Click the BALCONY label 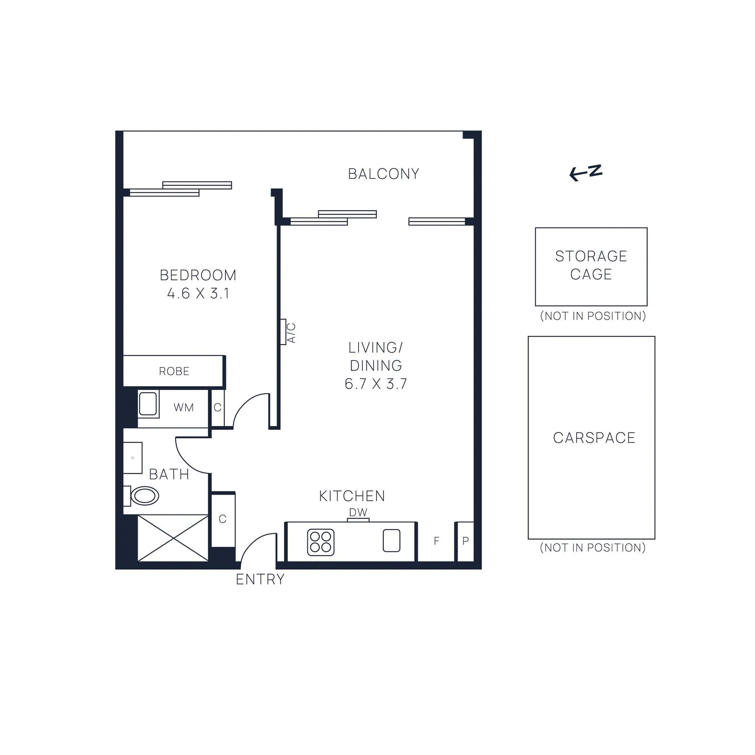(x=383, y=174)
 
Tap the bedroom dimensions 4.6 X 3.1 (x=198, y=294)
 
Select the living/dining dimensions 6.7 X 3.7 (x=376, y=384)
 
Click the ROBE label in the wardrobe (x=174, y=371)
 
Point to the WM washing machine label (x=184, y=408)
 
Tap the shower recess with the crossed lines (x=173, y=538)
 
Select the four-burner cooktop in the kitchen (x=321, y=542)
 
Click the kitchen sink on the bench (x=391, y=541)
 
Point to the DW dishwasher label (x=358, y=512)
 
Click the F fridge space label (x=436, y=541)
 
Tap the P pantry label (x=465, y=541)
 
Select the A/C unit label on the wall (x=291, y=333)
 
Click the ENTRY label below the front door (x=260, y=579)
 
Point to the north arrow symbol (x=586, y=173)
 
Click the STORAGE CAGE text (x=591, y=265)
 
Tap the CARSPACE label (x=594, y=438)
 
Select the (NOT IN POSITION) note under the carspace (x=593, y=548)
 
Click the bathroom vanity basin (x=133, y=458)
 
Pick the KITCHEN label (x=352, y=496)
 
